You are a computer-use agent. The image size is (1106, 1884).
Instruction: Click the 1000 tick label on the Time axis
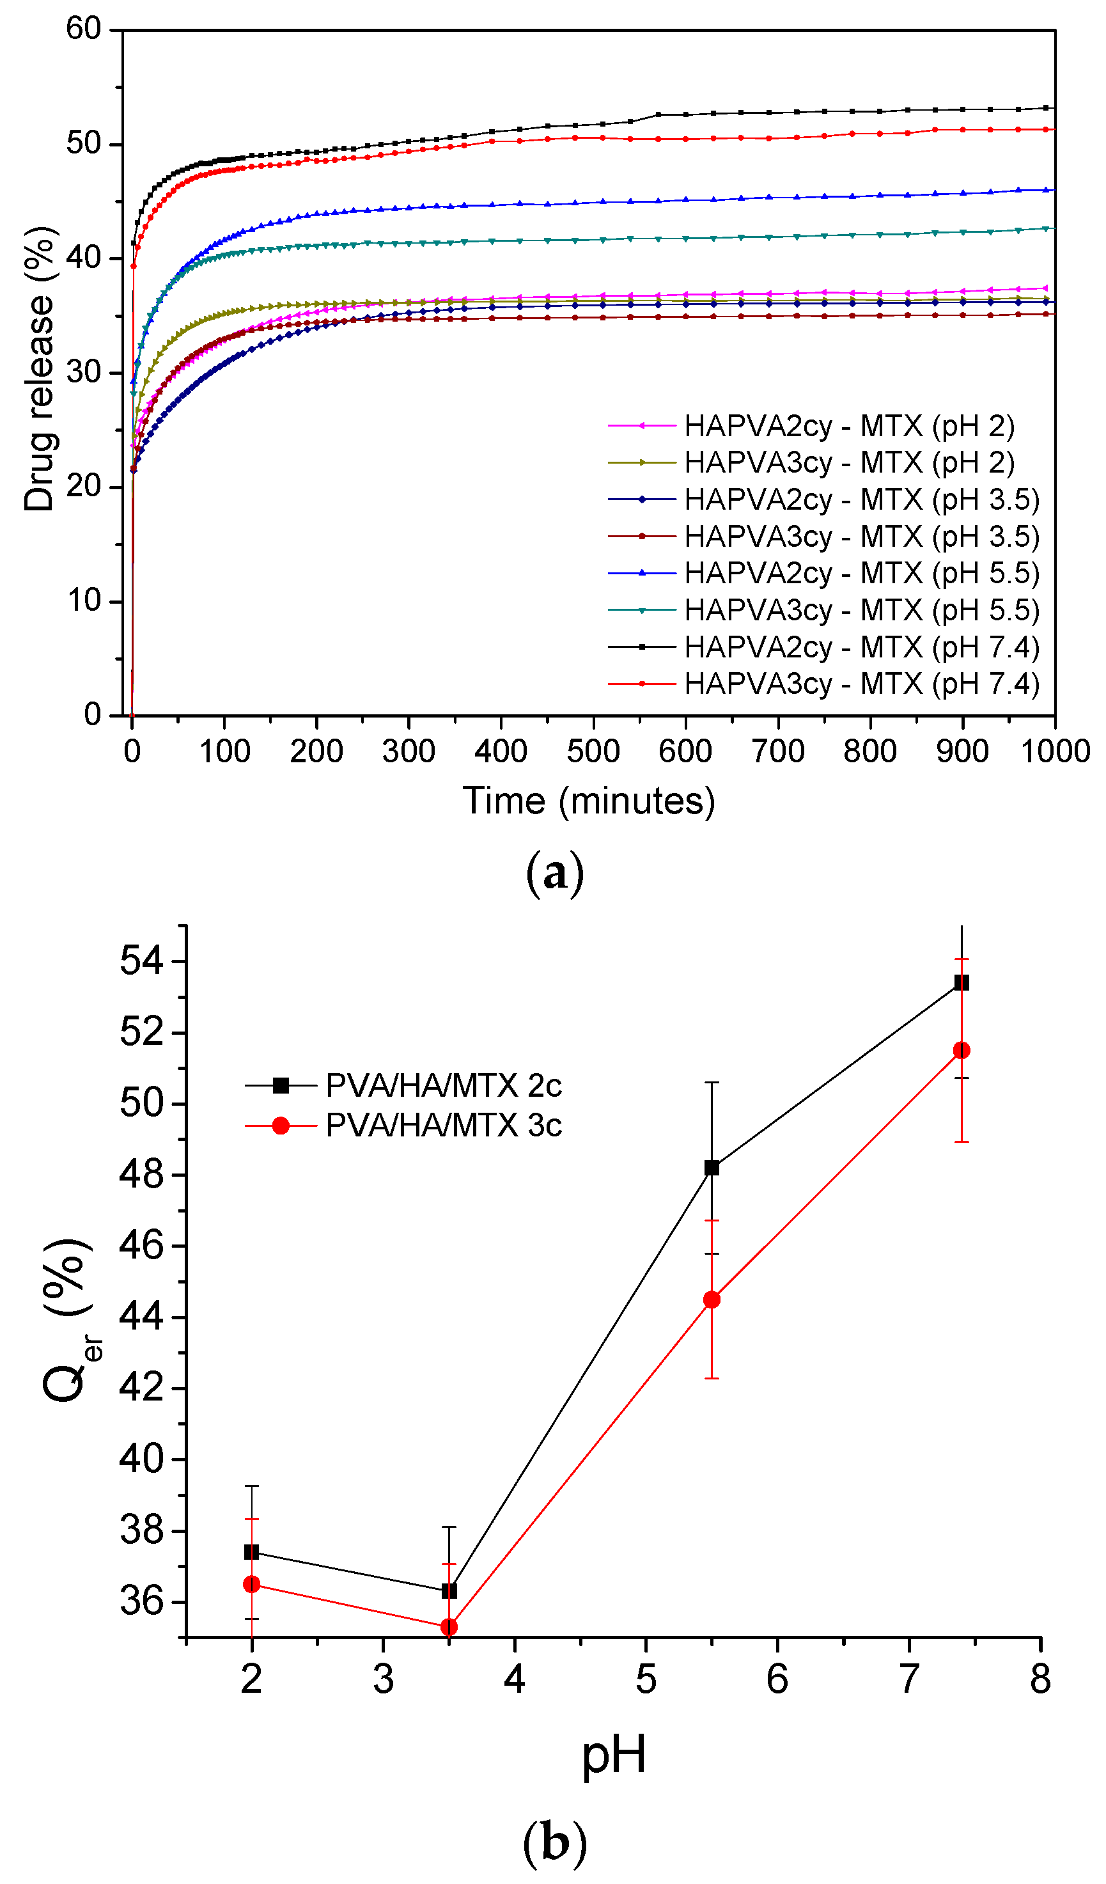pyautogui.click(x=1054, y=751)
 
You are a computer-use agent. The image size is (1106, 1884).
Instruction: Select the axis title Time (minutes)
pyautogui.click(x=589, y=801)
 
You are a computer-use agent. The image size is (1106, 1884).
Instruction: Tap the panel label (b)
pyautogui.click(x=554, y=1843)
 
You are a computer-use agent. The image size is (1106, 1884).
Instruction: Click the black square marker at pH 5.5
pyautogui.click(x=712, y=1168)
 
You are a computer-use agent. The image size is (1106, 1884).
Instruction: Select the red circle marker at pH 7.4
pyautogui.click(x=961, y=1051)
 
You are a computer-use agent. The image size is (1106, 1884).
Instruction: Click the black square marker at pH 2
pyautogui.click(x=252, y=1552)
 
